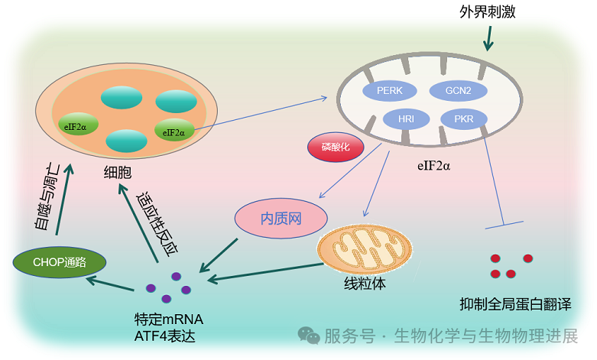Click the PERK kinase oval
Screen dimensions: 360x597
tap(395, 90)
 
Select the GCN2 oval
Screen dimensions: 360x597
tap(458, 90)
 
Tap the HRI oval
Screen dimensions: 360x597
tap(405, 119)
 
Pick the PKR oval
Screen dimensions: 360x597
tap(463, 120)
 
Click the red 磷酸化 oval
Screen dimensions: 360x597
tap(336, 148)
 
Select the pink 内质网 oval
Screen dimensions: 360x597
tap(281, 218)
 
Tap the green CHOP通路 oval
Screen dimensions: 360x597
tap(60, 262)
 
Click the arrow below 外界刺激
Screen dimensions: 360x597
tap(487, 37)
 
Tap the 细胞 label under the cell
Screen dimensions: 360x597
tap(118, 173)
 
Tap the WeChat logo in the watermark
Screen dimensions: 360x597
tap(309, 336)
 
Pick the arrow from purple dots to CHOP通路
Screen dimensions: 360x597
tap(112, 284)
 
